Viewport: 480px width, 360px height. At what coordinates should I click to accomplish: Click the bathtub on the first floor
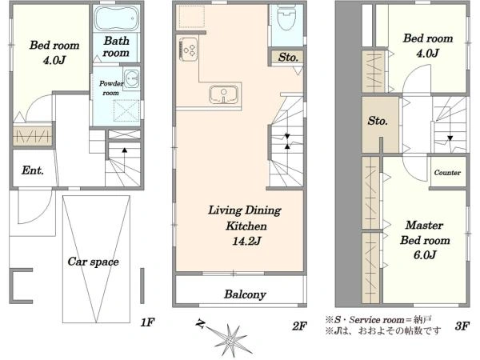tap(116, 18)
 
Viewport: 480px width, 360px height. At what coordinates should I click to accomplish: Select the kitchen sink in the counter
tap(224, 94)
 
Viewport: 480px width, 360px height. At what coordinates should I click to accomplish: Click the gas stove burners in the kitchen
tap(188, 50)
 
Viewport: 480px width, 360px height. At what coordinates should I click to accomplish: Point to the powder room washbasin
tap(132, 78)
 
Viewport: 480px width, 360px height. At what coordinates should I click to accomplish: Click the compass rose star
tap(230, 340)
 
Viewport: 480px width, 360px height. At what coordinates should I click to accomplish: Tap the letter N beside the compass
tap(201, 323)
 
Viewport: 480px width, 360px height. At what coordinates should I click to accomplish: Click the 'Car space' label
tap(93, 262)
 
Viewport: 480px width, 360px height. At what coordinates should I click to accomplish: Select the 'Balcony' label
tap(245, 294)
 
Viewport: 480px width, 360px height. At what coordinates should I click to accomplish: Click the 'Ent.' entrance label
tap(33, 170)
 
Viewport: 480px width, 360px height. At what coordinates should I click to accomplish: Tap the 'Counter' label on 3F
tap(447, 173)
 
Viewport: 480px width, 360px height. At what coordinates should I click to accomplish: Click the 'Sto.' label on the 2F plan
tap(288, 58)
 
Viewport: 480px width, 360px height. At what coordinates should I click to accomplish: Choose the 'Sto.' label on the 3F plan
tap(378, 121)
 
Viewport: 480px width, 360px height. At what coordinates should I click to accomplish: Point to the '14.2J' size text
tap(246, 242)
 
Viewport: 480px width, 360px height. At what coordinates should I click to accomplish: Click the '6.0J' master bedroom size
tap(425, 255)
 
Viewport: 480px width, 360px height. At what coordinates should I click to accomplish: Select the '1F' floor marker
tap(147, 322)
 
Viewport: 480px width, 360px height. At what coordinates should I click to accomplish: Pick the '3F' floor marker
tap(462, 326)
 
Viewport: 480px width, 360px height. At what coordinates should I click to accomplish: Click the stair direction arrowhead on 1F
tap(125, 150)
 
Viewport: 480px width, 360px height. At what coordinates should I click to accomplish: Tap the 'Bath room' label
tap(116, 47)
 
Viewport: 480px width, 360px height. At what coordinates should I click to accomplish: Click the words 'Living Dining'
tap(245, 210)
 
